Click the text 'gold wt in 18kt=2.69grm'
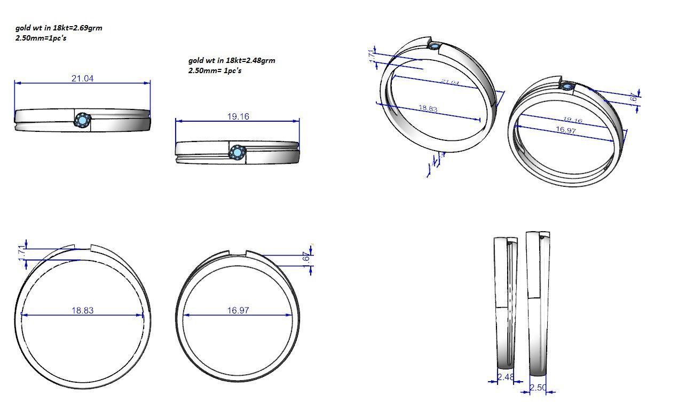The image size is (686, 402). [59, 28]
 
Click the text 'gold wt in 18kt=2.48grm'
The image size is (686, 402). [232, 60]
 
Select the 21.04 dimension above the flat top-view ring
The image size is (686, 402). [82, 78]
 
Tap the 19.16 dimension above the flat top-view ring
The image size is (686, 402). [238, 116]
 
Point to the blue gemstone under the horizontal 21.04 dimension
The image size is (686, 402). [82, 120]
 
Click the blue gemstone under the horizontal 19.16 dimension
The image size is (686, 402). [237, 153]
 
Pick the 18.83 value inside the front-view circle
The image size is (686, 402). [82, 310]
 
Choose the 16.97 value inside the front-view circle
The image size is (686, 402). [238, 310]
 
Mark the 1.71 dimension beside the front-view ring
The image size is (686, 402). [22, 254]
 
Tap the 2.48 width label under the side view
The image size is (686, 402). [505, 377]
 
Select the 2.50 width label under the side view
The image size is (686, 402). [538, 388]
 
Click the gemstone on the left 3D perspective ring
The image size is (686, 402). [436, 47]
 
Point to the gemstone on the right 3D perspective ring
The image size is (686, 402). [566, 86]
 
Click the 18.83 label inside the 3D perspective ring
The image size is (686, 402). [428, 108]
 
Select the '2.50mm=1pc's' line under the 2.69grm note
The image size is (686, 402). [41, 38]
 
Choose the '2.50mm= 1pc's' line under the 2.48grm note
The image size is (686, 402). [215, 70]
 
